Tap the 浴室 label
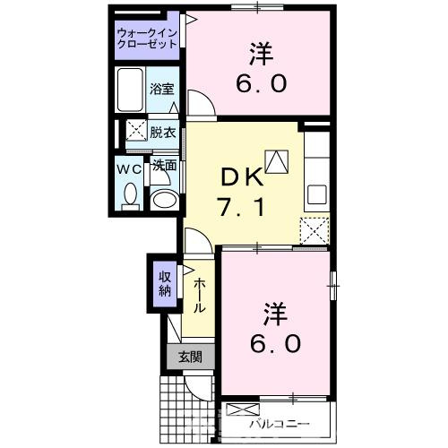pos(163,90)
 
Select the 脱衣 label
pos(163,131)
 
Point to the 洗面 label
pos(163,166)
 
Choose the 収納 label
pos(166,283)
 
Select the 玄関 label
pos(190,356)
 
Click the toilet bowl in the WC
pos(129,194)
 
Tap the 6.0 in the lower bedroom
pos(276,341)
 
